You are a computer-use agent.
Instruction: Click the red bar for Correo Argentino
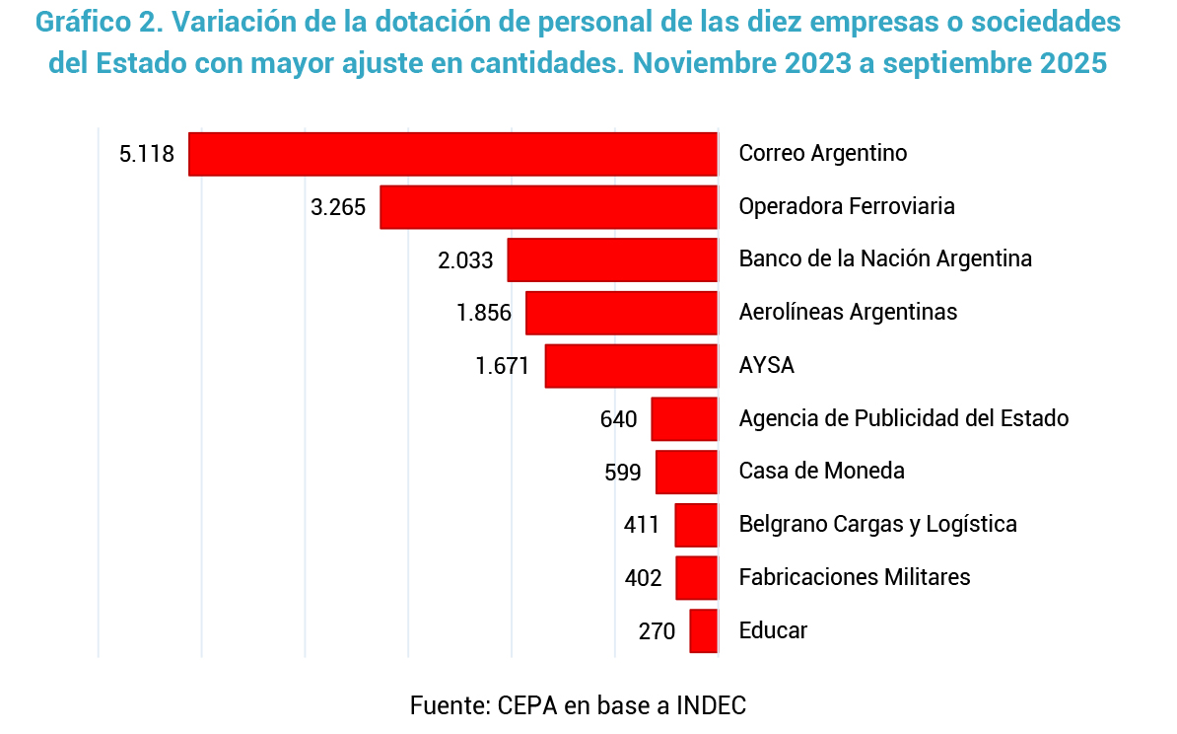[452, 154]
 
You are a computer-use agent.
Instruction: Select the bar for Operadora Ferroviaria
[548, 207]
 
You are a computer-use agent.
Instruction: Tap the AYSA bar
[631, 366]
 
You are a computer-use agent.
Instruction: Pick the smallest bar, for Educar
[703, 630]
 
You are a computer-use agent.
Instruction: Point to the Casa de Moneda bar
[686, 472]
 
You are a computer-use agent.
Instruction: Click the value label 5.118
[146, 154]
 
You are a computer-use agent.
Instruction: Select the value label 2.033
[465, 259]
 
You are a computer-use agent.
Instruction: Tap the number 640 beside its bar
[619, 419]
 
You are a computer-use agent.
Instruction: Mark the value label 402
[644, 578]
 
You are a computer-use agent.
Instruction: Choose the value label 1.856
[484, 313]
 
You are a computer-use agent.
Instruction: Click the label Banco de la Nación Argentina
[885, 259]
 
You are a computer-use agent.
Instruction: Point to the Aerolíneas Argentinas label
[848, 313]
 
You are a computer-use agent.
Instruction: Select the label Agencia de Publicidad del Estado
[904, 418]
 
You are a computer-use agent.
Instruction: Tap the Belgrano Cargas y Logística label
[877, 525]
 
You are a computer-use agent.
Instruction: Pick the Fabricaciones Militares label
[855, 577]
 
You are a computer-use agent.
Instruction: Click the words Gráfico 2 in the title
[104, 23]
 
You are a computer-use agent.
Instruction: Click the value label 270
[657, 631]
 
